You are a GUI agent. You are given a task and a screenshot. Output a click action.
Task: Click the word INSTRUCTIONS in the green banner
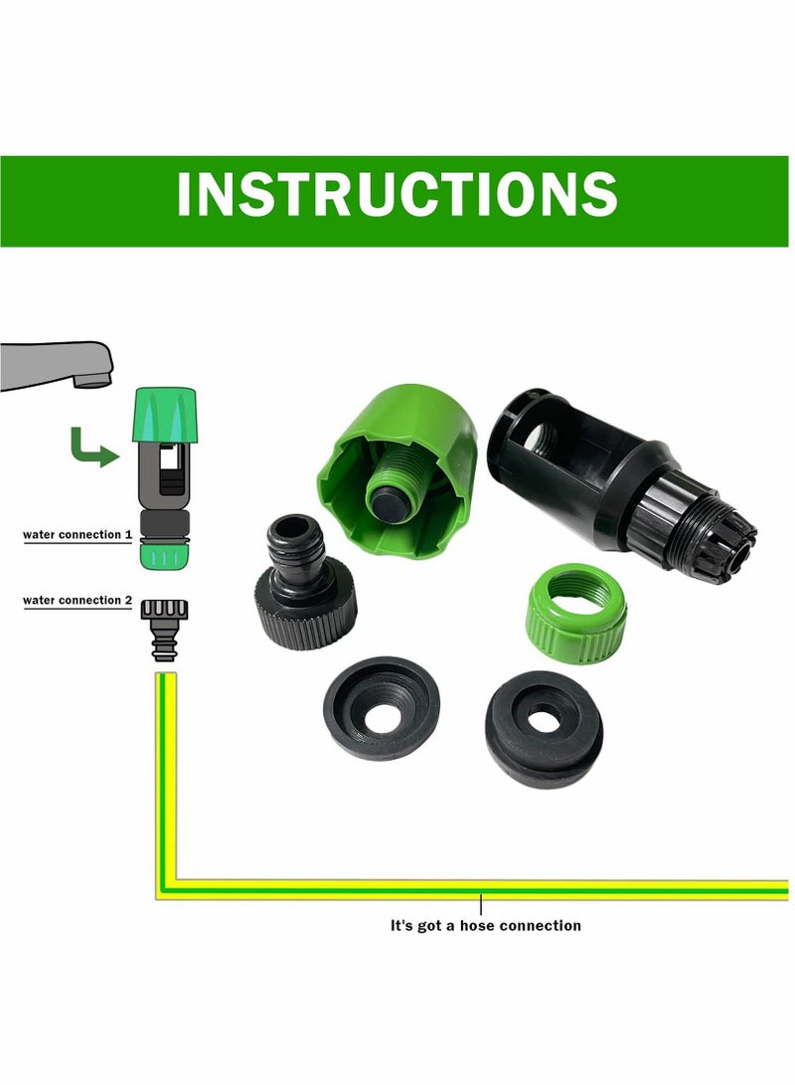tap(397, 195)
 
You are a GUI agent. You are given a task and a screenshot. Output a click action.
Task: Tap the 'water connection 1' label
tap(78, 535)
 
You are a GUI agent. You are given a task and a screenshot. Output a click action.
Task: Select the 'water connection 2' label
tap(78, 601)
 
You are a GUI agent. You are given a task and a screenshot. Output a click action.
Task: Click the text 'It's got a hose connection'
tap(485, 925)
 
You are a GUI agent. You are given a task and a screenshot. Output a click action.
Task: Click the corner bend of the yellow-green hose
tap(167, 888)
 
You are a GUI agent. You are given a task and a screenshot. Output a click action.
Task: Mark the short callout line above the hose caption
tap(481, 905)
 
